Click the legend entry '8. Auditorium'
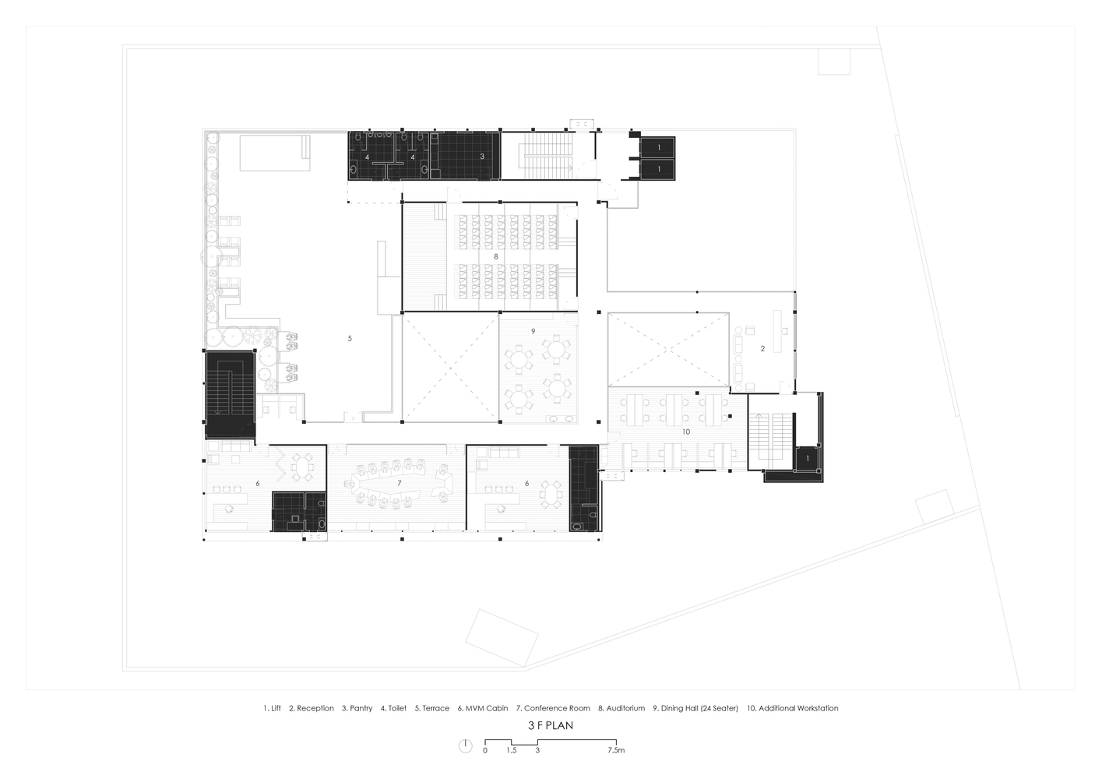click(x=621, y=708)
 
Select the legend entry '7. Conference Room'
click(x=553, y=708)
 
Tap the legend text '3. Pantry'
click(x=357, y=708)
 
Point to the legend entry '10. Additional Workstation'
click(x=793, y=708)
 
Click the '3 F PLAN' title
click(x=551, y=725)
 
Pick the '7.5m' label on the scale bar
click(x=617, y=750)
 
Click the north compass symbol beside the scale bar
click(x=466, y=746)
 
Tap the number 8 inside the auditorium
click(x=496, y=256)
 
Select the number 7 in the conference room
click(x=399, y=483)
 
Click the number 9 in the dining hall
click(x=533, y=331)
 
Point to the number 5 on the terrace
click(x=350, y=338)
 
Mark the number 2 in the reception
click(x=762, y=348)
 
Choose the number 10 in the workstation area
click(x=686, y=432)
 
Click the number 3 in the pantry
click(x=482, y=157)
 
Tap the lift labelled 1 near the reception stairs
click(x=808, y=459)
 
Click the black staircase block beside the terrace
click(x=231, y=393)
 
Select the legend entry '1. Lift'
click(x=272, y=708)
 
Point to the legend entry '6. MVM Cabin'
click(x=483, y=708)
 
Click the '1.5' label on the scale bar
click(x=512, y=750)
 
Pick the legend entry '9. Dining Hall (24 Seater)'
click(x=695, y=708)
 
